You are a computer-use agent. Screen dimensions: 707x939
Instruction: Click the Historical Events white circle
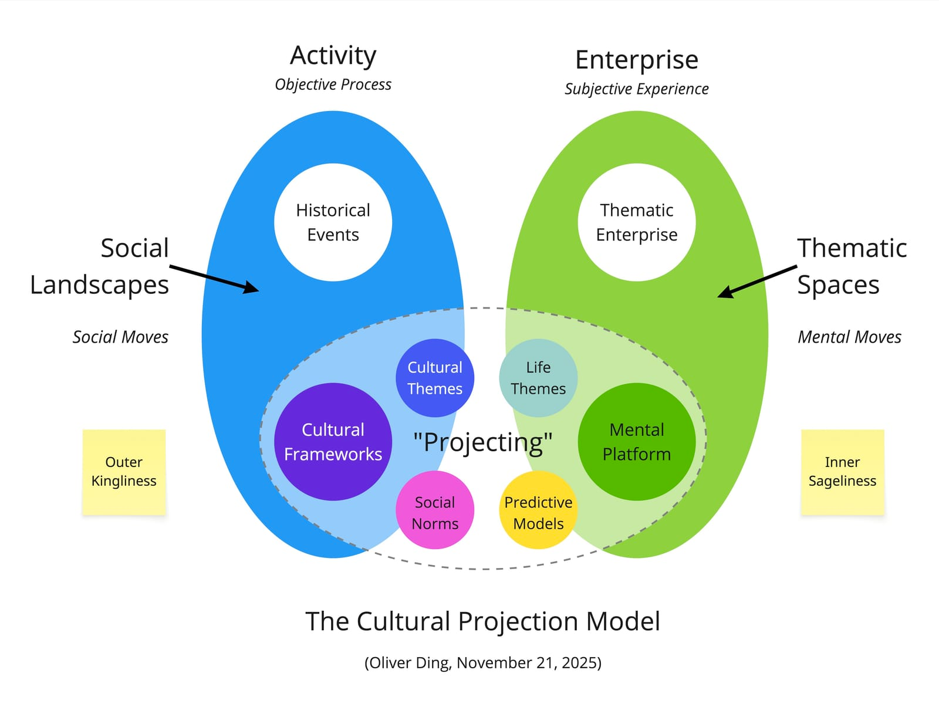coord(333,222)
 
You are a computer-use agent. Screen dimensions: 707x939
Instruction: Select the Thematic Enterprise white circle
coord(637,222)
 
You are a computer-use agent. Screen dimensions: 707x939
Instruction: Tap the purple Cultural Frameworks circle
coord(333,442)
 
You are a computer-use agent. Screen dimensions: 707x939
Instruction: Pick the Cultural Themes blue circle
coord(435,378)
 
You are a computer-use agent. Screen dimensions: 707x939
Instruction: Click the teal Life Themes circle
coord(538,378)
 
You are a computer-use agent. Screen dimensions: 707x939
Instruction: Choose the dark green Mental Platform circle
coord(637,442)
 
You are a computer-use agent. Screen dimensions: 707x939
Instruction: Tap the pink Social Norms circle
coord(435,510)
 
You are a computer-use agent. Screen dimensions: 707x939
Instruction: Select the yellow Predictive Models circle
coord(538,510)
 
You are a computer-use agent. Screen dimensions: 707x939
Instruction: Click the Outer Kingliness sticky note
coord(124,472)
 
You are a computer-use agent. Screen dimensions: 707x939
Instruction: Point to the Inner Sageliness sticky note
coord(842,472)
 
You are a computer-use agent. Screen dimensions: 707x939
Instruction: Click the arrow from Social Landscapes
coord(214,279)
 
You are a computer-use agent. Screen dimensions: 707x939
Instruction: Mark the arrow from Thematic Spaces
coord(757,281)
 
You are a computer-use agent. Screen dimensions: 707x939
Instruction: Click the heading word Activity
coord(333,56)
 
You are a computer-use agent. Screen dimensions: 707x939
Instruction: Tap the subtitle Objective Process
coord(333,84)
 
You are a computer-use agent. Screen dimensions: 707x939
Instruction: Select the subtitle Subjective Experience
coord(637,89)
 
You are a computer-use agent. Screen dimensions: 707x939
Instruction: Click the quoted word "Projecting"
coord(482,442)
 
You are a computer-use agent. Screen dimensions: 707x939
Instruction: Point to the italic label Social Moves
coord(120,337)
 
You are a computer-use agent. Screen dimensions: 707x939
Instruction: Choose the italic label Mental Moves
coord(849,337)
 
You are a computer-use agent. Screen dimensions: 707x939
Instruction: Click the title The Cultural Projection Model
coord(482,621)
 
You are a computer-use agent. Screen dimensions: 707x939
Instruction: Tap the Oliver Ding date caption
coord(482,662)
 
